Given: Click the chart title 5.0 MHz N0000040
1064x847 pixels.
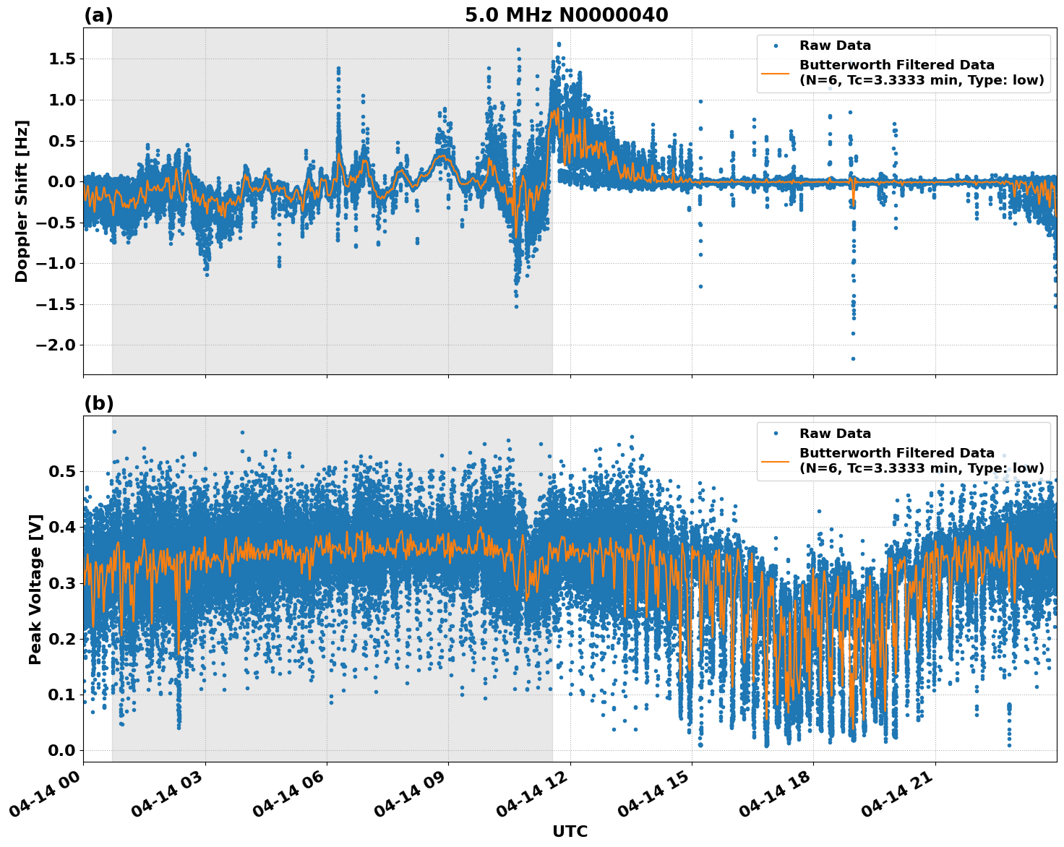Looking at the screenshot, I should click(566, 15).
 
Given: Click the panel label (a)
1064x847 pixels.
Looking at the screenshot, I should click(98, 15).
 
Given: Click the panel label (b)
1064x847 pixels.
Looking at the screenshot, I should click(98, 403).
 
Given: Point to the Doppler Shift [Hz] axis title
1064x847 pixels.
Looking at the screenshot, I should click(22, 201).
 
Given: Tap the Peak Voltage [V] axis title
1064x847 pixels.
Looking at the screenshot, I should click(35, 589).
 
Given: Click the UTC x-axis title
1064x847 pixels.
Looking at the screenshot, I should click(570, 831).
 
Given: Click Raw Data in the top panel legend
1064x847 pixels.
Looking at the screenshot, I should click(835, 46).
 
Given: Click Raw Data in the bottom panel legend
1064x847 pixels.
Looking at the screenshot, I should click(835, 434).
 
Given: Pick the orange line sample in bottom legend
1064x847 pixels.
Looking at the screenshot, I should click(775, 460).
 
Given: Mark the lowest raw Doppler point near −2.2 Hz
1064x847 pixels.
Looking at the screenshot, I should click(853, 358).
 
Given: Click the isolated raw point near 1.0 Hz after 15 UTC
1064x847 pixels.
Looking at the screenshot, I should click(700, 101).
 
